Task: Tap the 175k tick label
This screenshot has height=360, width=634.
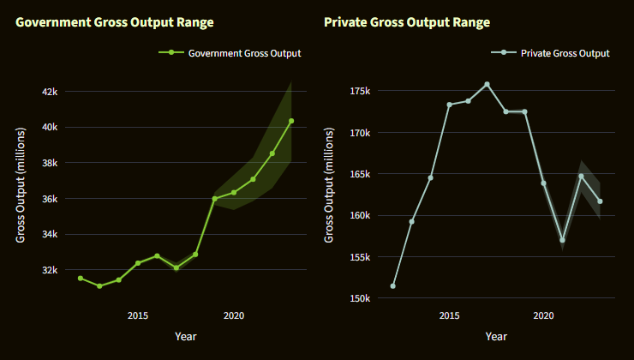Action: coord(358,92)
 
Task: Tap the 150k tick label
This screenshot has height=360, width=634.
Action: coord(358,298)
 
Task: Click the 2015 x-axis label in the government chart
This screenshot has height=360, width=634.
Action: coord(138,315)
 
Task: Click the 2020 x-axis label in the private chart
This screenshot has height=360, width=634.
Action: coord(543,315)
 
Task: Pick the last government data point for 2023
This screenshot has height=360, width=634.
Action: coord(291,121)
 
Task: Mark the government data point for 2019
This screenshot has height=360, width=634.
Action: coord(214,199)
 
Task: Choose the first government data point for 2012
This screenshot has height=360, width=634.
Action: coord(81,278)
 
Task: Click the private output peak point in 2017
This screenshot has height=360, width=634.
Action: coord(487,85)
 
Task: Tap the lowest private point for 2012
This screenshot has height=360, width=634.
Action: coord(392,286)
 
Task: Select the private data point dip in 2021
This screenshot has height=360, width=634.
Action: coord(562,240)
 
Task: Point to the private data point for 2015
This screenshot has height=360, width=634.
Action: coord(449,105)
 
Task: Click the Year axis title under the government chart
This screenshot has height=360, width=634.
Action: coord(185,337)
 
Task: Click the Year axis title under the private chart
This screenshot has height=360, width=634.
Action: coord(496,337)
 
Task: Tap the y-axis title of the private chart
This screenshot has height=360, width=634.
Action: coord(330,184)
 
